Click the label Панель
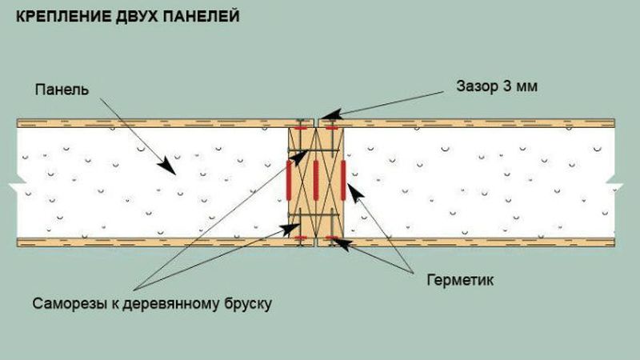tap(62, 90)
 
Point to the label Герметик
tap(460, 280)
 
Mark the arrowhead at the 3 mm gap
tap(330, 114)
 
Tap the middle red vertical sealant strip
tap(315, 180)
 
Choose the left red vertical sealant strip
tap(289, 180)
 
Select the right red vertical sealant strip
tap(343, 180)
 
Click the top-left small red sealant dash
tap(301, 128)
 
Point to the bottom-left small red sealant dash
tap(301, 238)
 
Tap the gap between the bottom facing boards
tap(316, 242)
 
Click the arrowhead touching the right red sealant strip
tap(354, 192)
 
